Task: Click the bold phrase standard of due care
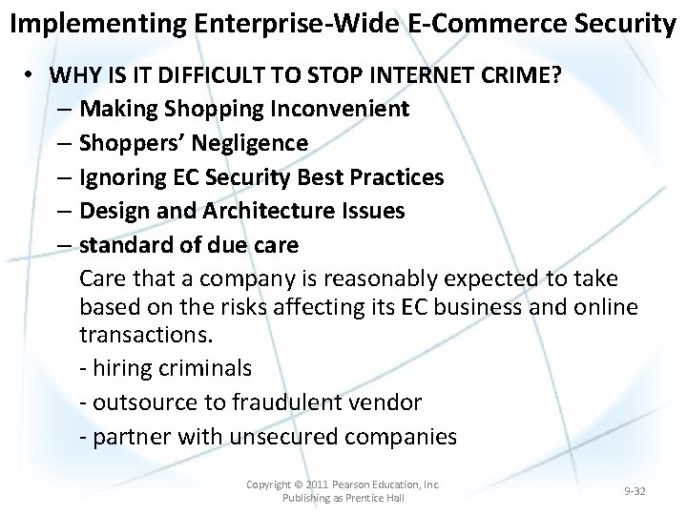189,245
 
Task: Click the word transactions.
146,336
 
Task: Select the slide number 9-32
635,491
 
